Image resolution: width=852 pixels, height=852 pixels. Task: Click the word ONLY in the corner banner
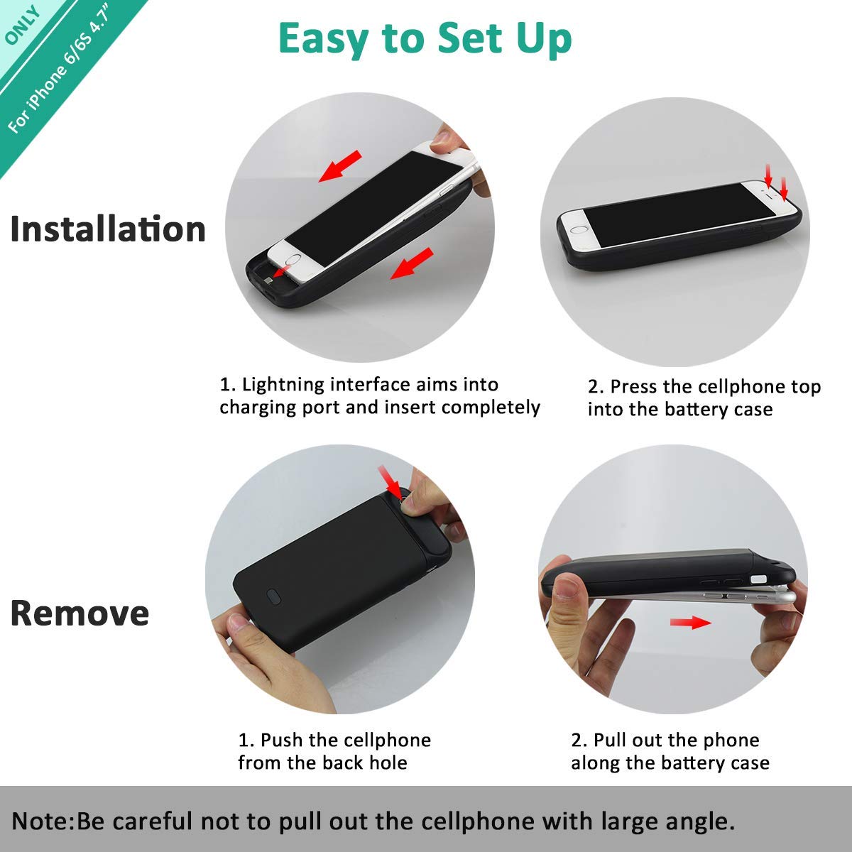[x=21, y=26]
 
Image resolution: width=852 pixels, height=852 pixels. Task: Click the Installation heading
[x=108, y=229]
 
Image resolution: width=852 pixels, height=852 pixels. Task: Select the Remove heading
[x=80, y=613]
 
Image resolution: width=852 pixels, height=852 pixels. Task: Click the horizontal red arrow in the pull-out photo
[x=691, y=623]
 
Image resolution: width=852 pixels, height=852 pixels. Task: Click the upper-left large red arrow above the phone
[x=340, y=166]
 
